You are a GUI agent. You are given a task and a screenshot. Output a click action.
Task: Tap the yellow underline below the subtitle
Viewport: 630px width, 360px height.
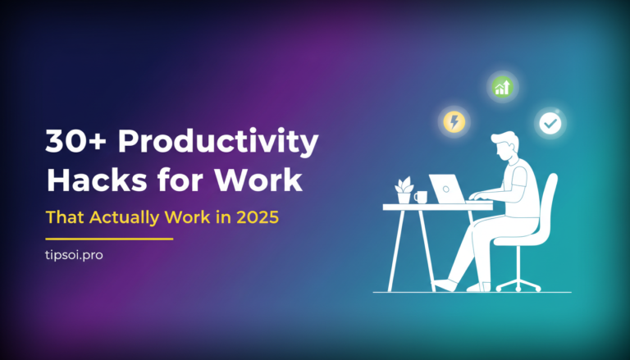(109, 239)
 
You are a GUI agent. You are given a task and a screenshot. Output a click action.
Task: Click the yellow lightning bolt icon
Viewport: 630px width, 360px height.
(453, 122)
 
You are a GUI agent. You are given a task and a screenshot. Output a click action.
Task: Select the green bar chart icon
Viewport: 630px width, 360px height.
(501, 86)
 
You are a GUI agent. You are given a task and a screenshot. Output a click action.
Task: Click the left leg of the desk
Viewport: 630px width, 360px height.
(400, 249)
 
